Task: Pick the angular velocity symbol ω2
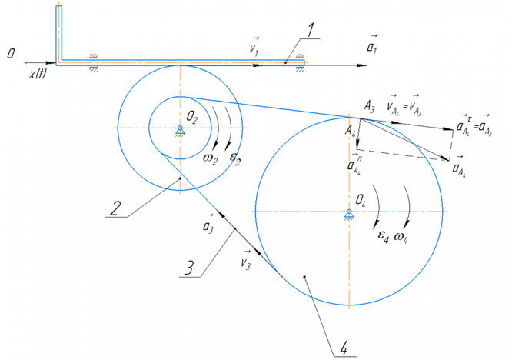tap(210, 158)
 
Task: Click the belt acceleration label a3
tap(207, 225)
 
